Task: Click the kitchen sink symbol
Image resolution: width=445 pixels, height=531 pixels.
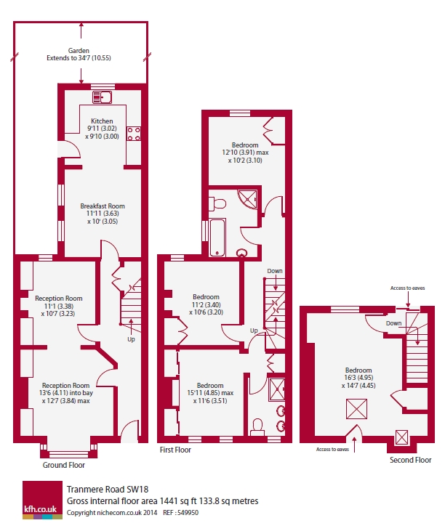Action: click(102, 97)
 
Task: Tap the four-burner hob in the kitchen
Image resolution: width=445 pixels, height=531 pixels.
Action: click(134, 134)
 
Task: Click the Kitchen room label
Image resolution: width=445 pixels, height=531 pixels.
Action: click(102, 121)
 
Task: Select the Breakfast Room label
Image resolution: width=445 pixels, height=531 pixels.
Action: click(103, 206)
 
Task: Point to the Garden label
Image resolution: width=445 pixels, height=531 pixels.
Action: click(79, 50)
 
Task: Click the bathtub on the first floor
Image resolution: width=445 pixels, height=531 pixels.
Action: click(217, 238)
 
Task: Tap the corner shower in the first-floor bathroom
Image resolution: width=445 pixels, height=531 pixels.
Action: click(248, 200)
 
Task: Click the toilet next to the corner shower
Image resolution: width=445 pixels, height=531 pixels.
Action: click(217, 204)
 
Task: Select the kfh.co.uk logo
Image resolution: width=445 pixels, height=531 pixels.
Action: click(43, 500)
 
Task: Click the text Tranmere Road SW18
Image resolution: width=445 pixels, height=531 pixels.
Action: click(108, 490)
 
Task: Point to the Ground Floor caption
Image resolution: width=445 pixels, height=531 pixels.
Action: click(64, 465)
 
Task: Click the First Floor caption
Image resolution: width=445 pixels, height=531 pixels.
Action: click(175, 450)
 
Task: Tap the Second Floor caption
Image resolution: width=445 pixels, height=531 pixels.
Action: click(410, 460)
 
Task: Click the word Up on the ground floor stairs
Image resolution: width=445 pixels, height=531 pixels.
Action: click(131, 339)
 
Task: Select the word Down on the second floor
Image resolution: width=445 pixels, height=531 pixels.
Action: click(393, 323)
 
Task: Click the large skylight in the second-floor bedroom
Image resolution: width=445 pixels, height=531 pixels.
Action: click(356, 409)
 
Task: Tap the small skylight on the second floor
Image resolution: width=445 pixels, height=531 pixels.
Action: click(401, 437)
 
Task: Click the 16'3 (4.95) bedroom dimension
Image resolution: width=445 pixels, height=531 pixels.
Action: click(358, 378)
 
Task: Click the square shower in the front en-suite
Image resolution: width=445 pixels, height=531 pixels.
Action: click(276, 390)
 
